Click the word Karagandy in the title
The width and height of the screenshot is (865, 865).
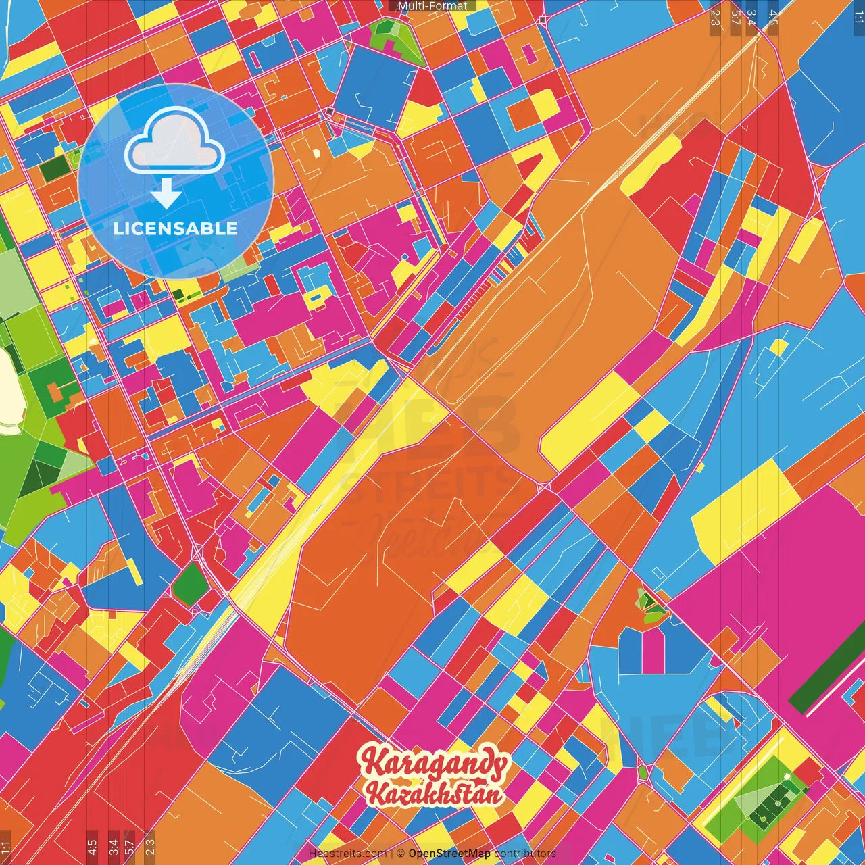(433, 764)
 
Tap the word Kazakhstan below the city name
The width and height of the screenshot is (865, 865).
(435, 793)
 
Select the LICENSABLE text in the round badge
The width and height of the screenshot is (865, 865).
(176, 228)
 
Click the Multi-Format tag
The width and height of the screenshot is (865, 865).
(432, 6)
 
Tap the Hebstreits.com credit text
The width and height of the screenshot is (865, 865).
(347, 854)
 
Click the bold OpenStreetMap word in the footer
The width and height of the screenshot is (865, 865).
(449, 854)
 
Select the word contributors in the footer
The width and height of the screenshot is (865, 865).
(525, 854)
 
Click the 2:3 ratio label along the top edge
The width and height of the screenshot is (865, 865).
(715, 18)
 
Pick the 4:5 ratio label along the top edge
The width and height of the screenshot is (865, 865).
(772, 18)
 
